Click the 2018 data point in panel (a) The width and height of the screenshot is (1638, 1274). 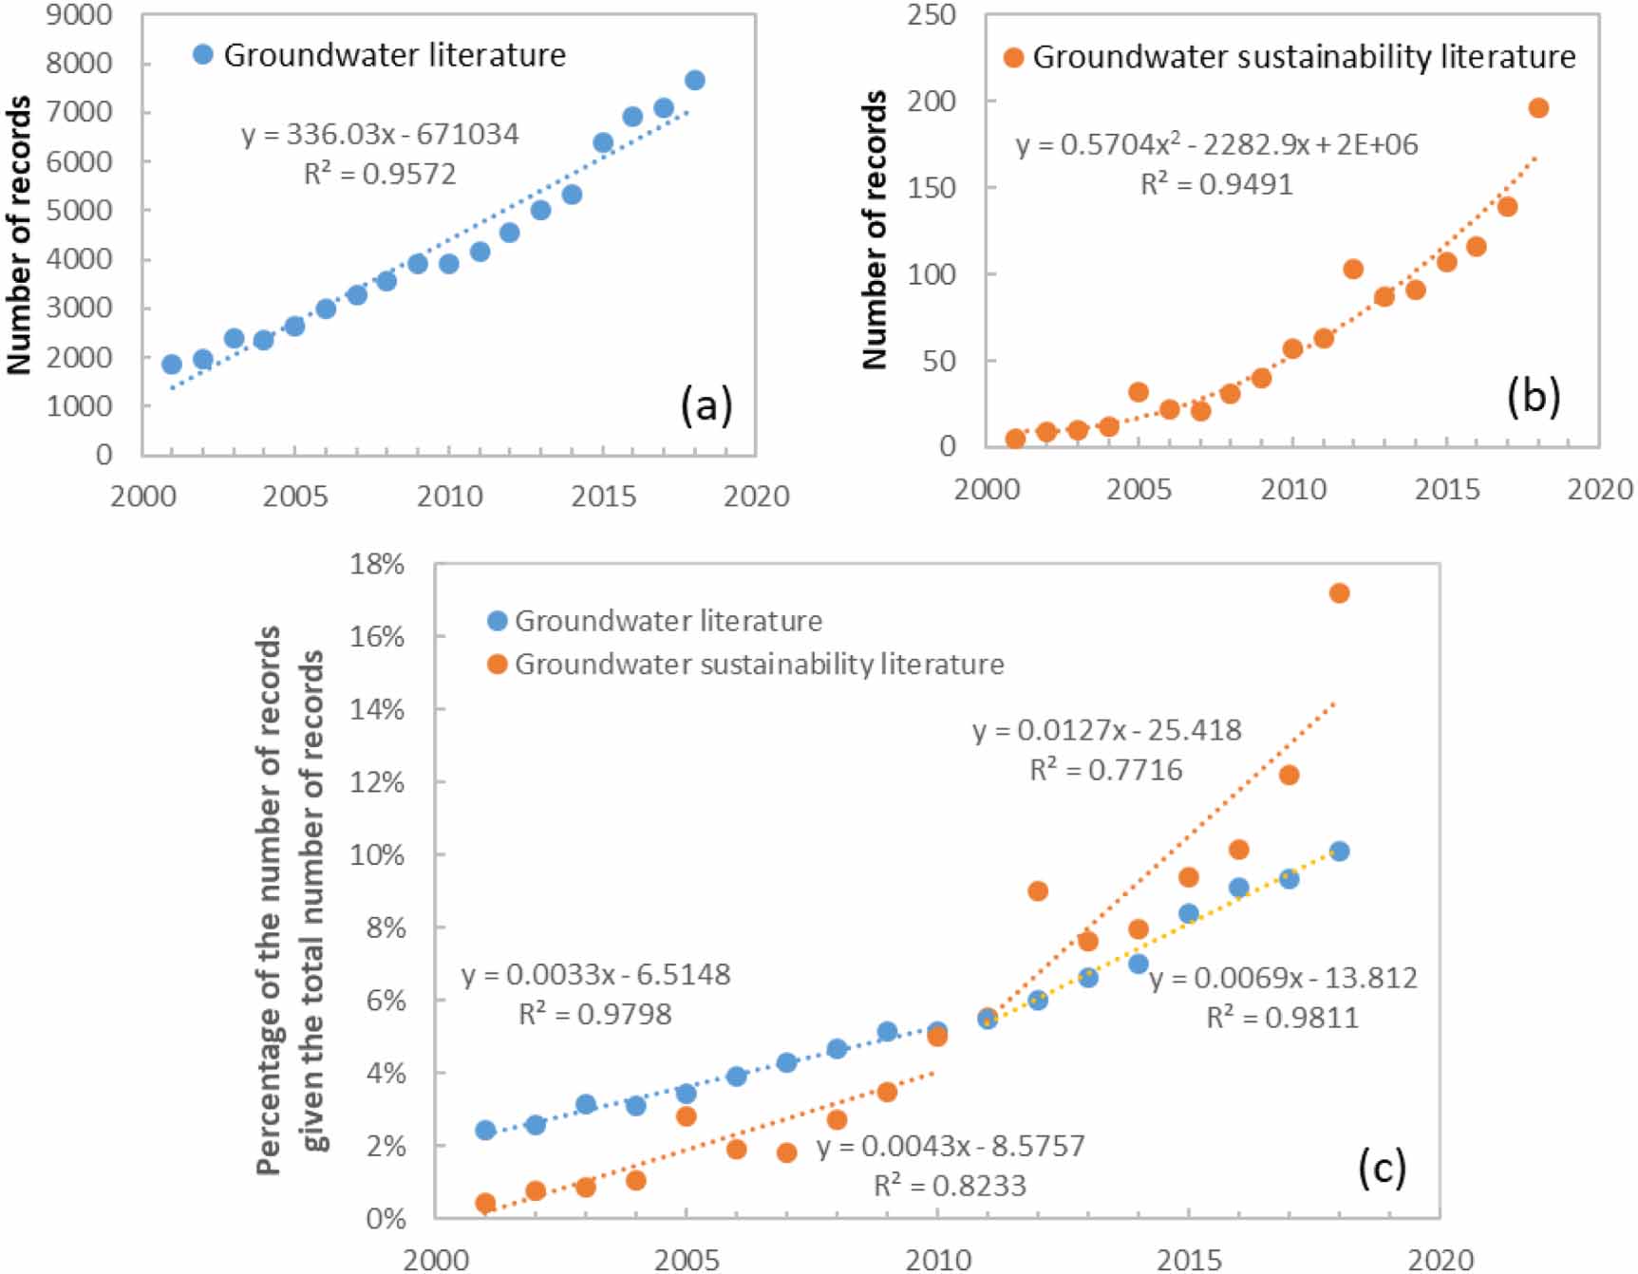[694, 81]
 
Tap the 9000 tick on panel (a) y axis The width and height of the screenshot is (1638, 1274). [79, 15]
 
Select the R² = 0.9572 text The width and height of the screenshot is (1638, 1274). [380, 175]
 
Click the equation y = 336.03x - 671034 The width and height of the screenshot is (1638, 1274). [380, 135]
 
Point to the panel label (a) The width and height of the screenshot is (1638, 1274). [706, 405]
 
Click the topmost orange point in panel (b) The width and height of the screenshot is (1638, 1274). [1538, 108]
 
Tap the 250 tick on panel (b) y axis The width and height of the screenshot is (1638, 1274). [932, 15]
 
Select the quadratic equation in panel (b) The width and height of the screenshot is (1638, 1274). [1216, 145]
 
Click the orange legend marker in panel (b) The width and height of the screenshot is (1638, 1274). [1014, 58]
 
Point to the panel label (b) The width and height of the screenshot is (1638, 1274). [1534, 398]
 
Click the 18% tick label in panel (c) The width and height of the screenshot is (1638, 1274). [377, 564]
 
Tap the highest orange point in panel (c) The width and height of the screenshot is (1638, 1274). [1339, 593]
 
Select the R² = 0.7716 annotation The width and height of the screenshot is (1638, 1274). [1106, 770]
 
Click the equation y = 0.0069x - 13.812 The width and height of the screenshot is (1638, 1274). [1283, 978]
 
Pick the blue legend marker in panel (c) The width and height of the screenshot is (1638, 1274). [497, 621]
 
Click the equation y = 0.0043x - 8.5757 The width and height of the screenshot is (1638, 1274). [951, 1146]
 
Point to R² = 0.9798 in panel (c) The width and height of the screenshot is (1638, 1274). [595, 1015]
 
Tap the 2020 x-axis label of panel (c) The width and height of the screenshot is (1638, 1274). [1440, 1260]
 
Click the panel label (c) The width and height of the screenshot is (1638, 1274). [1382, 1168]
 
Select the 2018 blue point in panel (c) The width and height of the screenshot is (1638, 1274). [1339, 852]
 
